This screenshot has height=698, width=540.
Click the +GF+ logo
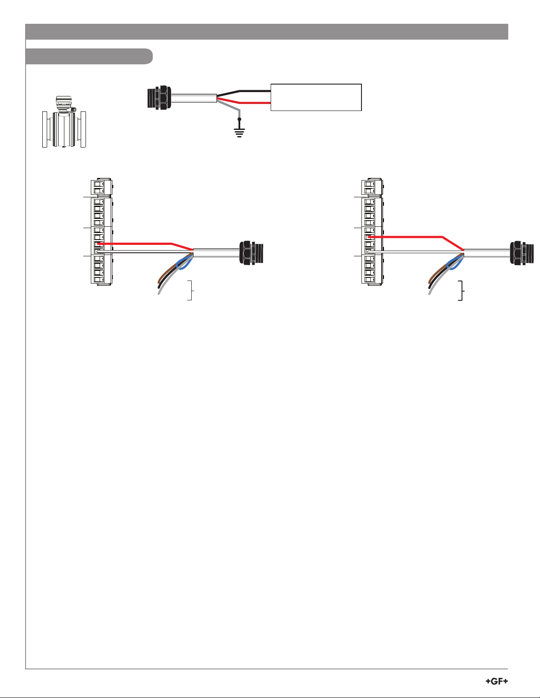(497, 681)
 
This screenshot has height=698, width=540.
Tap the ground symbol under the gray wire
(239, 133)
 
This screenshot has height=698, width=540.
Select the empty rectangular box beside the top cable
(317, 97)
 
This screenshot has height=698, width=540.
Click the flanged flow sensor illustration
(64, 122)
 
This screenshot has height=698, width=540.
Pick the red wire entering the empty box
(244, 101)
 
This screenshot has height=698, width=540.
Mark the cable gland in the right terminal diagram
(521, 253)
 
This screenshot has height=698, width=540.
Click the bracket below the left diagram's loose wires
(192, 290)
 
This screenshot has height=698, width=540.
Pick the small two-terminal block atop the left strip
(101, 187)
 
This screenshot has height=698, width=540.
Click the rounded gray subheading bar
(89, 56)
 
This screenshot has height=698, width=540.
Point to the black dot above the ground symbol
(239, 119)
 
